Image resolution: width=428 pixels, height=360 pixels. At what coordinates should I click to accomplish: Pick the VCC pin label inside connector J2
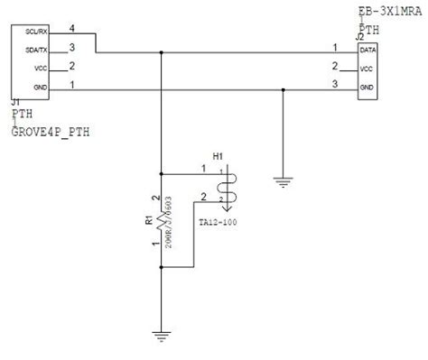[x=367, y=69]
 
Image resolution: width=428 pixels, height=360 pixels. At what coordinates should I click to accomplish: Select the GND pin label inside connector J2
[x=367, y=87]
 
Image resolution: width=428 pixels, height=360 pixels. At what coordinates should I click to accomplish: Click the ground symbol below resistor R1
[x=161, y=336]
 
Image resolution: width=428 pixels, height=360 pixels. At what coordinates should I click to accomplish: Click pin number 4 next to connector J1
[x=72, y=30]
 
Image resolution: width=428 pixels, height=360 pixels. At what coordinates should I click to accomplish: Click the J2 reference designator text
[x=360, y=38]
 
